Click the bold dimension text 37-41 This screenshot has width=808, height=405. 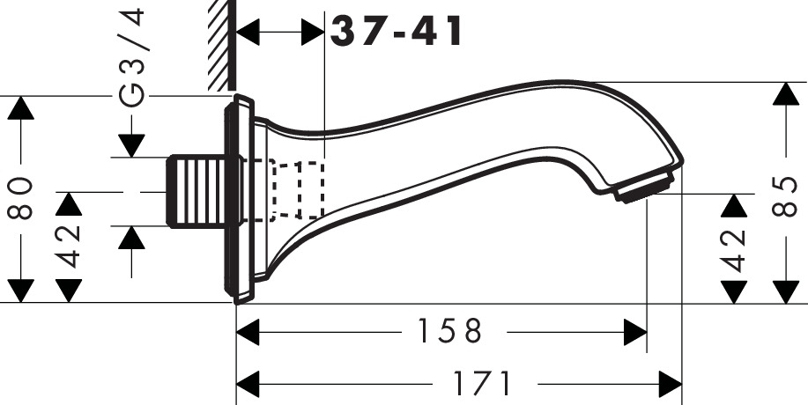pyautogui.click(x=396, y=32)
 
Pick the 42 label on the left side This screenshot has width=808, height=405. pyautogui.click(x=70, y=247)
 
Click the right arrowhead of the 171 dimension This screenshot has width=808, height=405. pyautogui.click(x=670, y=384)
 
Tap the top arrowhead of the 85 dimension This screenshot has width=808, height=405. pyautogui.click(x=784, y=94)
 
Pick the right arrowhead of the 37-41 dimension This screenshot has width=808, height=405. pyautogui.click(x=314, y=33)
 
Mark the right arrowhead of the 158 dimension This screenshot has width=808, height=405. pyautogui.click(x=634, y=332)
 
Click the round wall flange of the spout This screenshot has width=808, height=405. pyautogui.click(x=239, y=198)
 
